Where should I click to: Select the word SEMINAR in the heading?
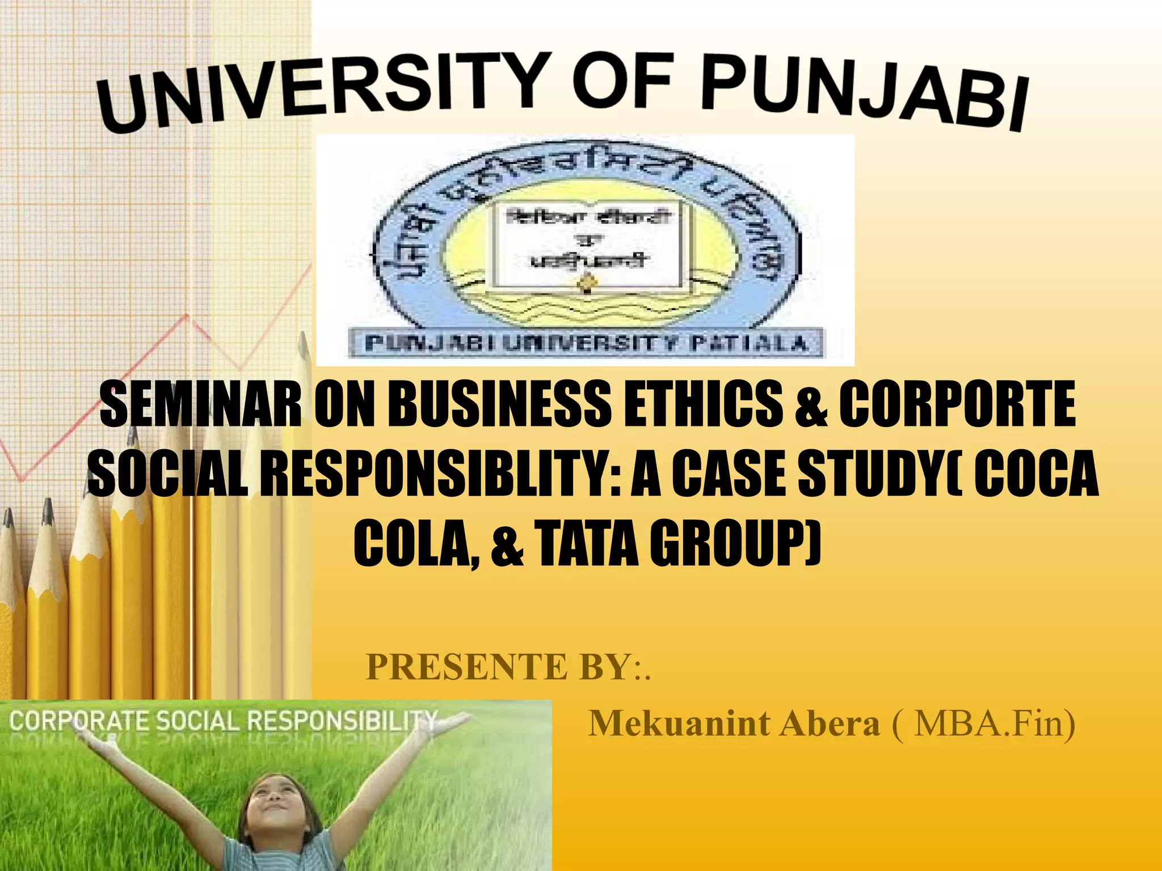point(201,404)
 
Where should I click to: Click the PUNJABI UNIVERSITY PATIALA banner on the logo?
point(586,344)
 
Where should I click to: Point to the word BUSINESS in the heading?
point(499,404)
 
